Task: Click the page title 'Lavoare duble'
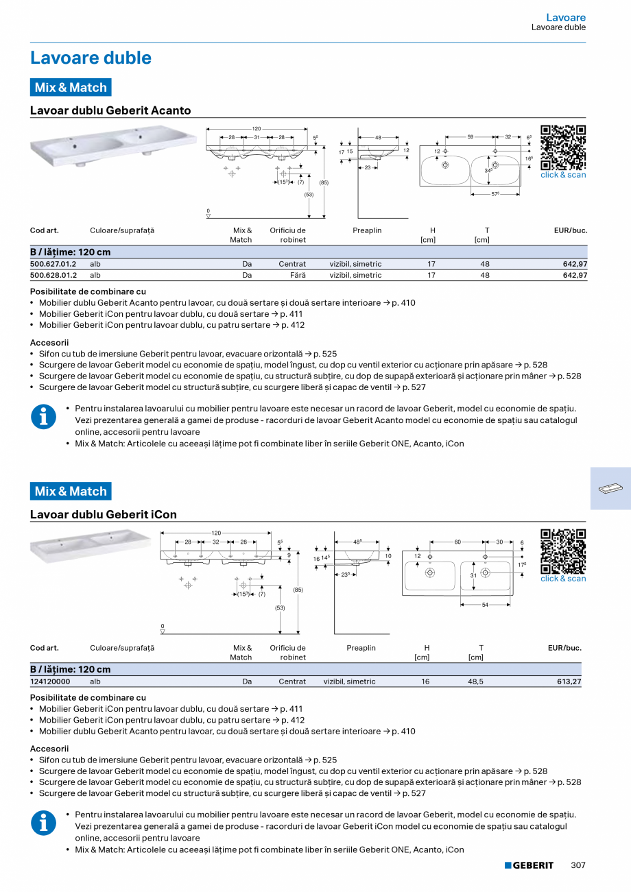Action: pyautogui.click(x=91, y=58)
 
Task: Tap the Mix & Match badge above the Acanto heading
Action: pyautogui.click(x=71, y=88)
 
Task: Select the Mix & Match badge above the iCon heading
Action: pyautogui.click(x=71, y=492)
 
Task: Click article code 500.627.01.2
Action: pyautogui.click(x=53, y=264)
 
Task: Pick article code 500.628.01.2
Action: pyautogui.click(x=53, y=275)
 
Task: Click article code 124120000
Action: pyautogui.click(x=50, y=682)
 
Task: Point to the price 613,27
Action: pyautogui.click(x=569, y=682)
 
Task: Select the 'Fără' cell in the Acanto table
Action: pyautogui.click(x=297, y=275)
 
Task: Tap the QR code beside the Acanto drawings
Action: pyautogui.click(x=562, y=147)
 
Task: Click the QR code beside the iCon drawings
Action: pyautogui.click(x=562, y=551)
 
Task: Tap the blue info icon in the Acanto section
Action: pyautogui.click(x=43, y=417)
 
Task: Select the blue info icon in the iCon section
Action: pyautogui.click(x=43, y=823)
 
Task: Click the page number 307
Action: pyautogui.click(x=578, y=865)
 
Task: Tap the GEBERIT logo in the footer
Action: pyautogui.click(x=529, y=865)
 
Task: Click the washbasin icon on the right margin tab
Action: pyautogui.click(x=610, y=489)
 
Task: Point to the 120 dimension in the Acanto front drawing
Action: pyautogui.click(x=257, y=129)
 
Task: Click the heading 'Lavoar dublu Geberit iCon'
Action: pyautogui.click(x=104, y=514)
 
